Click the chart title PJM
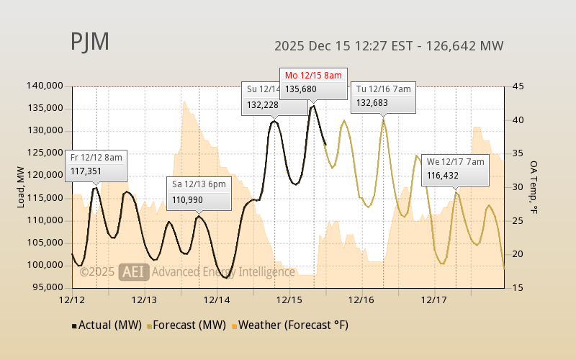point(90,42)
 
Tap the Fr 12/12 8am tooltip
point(96,165)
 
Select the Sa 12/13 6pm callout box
point(199,192)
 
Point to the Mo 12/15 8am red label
point(314,75)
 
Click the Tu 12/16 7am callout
point(383,96)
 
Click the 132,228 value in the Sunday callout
point(262,104)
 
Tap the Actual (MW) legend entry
point(105,325)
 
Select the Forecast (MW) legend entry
point(184,325)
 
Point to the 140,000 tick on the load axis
point(45,86)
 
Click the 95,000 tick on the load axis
point(47,287)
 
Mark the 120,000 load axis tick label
point(45,175)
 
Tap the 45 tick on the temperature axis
point(516,86)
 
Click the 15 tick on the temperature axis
point(516,287)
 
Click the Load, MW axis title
point(22,186)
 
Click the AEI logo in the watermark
point(133,272)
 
